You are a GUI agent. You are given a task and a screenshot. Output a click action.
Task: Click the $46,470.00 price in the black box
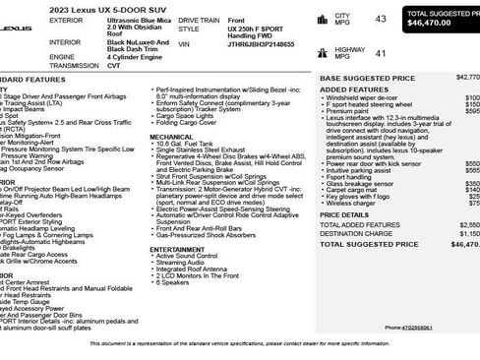point(436,21)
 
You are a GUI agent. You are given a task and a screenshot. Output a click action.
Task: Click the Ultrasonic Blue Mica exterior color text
point(129,19)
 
